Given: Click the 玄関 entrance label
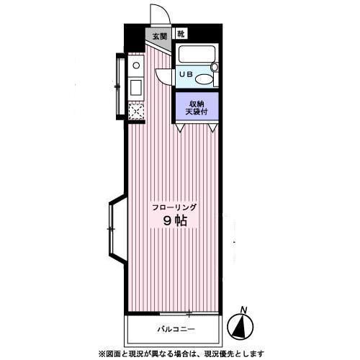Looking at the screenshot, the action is point(160,36).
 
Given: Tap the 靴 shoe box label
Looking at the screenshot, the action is point(181,34).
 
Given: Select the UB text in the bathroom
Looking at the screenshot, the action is point(186,74).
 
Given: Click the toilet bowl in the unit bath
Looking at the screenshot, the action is point(204,79).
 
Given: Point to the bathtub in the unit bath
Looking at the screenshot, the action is point(197,54).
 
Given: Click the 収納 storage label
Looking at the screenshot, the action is point(197,104).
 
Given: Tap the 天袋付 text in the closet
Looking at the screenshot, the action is point(197,112).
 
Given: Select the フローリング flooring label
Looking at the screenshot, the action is point(175,207).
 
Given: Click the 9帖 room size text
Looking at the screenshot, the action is point(175,220).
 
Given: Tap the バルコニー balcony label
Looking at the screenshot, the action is point(176,329).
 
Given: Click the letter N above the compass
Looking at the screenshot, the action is point(244,310).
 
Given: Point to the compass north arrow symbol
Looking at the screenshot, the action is point(240,327).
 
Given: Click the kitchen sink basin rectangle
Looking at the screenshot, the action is point(136,87).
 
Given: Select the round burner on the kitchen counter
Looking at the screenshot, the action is point(136,66).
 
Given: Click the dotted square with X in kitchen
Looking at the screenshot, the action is point(136,112).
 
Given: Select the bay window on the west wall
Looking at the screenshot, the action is point(117,230).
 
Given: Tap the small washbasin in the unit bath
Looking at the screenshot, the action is point(215,67).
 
